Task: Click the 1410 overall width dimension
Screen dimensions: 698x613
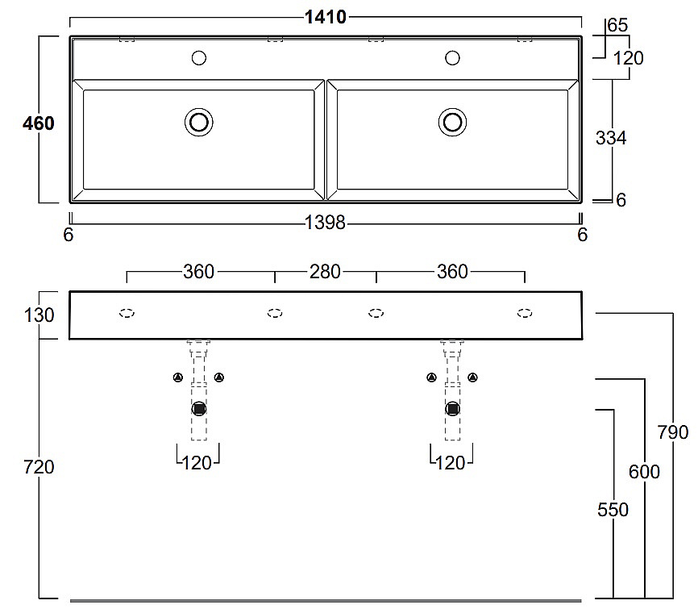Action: pyautogui.click(x=326, y=17)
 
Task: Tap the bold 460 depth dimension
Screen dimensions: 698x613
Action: pyautogui.click(x=39, y=123)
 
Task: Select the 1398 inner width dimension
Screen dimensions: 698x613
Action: pyautogui.click(x=325, y=223)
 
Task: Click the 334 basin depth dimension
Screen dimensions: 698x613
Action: pyautogui.click(x=611, y=138)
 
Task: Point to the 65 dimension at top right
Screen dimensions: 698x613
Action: pyautogui.click(x=617, y=25)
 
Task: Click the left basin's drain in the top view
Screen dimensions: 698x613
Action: pyautogui.click(x=199, y=122)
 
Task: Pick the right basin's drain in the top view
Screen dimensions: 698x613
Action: pyautogui.click(x=453, y=122)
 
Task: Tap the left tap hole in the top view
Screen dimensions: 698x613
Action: pyautogui.click(x=199, y=58)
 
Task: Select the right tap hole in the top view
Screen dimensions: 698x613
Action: pyautogui.click(x=453, y=58)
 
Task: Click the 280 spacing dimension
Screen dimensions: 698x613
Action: pyautogui.click(x=325, y=272)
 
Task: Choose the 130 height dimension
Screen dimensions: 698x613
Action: pyautogui.click(x=39, y=315)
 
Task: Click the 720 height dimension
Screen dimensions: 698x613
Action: pyautogui.click(x=39, y=467)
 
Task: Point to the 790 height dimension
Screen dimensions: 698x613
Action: pyautogui.click(x=673, y=432)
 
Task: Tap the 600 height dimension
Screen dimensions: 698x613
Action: pyautogui.click(x=644, y=471)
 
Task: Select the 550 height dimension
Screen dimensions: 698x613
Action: pyautogui.click(x=613, y=510)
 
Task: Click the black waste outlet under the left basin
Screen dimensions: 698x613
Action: pyautogui.click(x=199, y=409)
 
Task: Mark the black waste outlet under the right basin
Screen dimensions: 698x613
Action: pyautogui.click(x=453, y=409)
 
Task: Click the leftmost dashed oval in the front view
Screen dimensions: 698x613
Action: pyautogui.click(x=127, y=313)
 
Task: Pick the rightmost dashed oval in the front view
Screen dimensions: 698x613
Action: pyautogui.click(x=525, y=313)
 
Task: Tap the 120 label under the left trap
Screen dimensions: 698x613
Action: pyautogui.click(x=197, y=463)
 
